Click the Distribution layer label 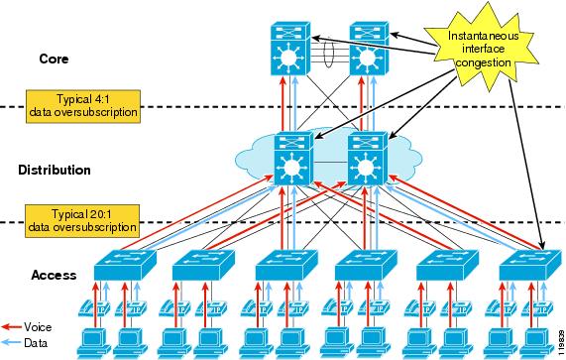[x=55, y=171]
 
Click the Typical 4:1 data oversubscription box [x=83, y=106]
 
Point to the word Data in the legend [x=36, y=341]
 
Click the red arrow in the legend [x=12, y=326]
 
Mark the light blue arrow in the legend [x=12, y=341]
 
